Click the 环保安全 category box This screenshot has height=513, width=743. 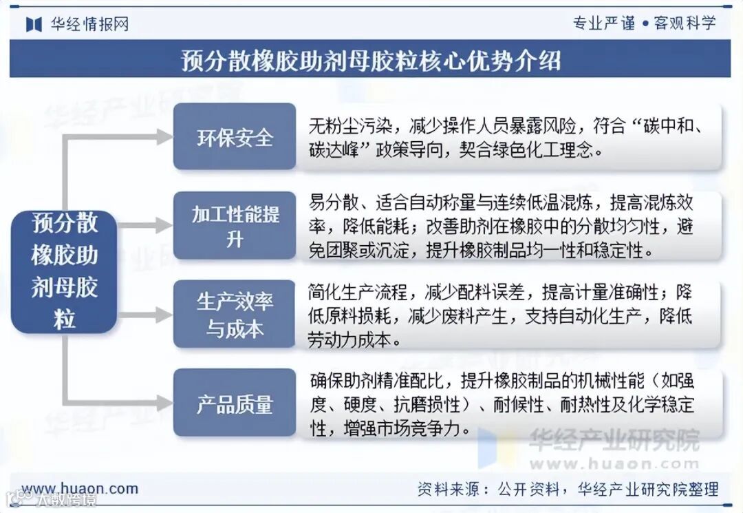coord(235,136)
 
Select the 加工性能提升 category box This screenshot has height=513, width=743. coord(235,225)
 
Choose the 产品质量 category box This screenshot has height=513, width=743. coord(235,403)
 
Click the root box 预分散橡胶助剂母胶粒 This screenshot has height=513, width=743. coord(64,271)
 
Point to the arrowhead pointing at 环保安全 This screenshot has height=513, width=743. coord(164,136)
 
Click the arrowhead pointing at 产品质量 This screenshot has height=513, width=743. coord(164,403)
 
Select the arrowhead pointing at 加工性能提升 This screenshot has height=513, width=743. coord(164,225)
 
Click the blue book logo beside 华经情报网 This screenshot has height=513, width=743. coord(34,24)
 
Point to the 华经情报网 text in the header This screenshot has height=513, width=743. coord(89,24)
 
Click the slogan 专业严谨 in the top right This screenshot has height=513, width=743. coord(603,23)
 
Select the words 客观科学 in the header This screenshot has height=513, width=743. coord(685,23)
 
